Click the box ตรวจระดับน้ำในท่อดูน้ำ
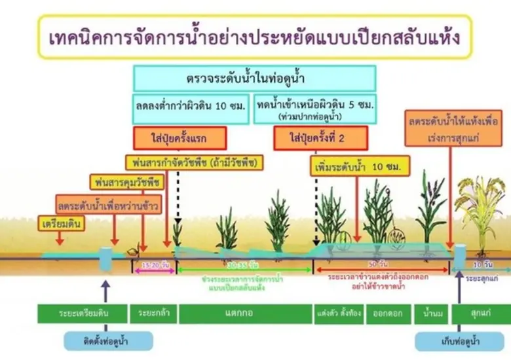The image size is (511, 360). click(x=254, y=79)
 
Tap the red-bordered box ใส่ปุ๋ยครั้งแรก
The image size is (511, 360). click(x=180, y=139)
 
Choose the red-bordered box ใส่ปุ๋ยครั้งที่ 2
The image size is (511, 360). click(x=320, y=139)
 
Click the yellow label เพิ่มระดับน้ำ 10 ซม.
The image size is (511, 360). click(x=360, y=167)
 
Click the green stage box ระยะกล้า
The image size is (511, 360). click(x=154, y=314)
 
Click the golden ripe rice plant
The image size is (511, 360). click(x=482, y=209)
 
